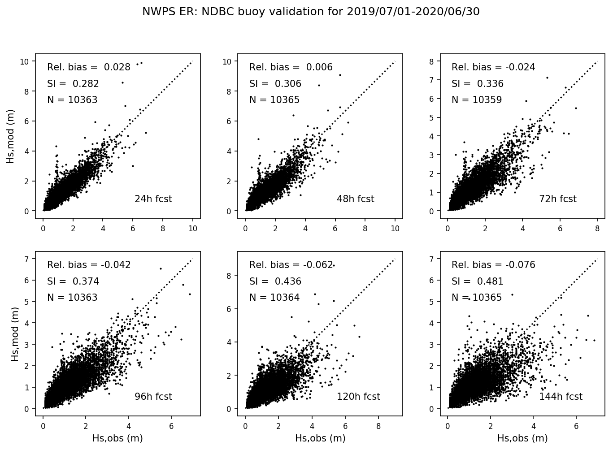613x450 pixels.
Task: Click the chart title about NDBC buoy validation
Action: coord(311,12)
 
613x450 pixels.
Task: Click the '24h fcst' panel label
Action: coord(153,199)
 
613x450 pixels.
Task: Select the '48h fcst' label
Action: coord(355,199)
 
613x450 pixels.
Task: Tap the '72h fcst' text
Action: coord(558,199)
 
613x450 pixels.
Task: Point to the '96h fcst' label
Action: coord(153,397)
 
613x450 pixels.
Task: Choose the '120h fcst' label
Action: coord(358,397)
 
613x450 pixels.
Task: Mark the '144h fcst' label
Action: coord(561,397)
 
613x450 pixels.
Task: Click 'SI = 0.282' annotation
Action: coord(73,84)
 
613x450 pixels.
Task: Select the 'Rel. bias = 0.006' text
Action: coord(291,67)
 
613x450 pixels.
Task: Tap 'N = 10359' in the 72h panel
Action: coord(477,100)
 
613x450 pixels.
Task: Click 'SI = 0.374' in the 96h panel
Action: coord(73,281)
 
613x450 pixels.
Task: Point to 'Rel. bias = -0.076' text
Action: coord(493,265)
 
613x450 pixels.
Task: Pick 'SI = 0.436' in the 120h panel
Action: coord(275,281)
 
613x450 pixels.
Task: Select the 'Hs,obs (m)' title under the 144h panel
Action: coord(522,438)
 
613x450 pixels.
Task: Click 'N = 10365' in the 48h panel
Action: coord(274,100)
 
